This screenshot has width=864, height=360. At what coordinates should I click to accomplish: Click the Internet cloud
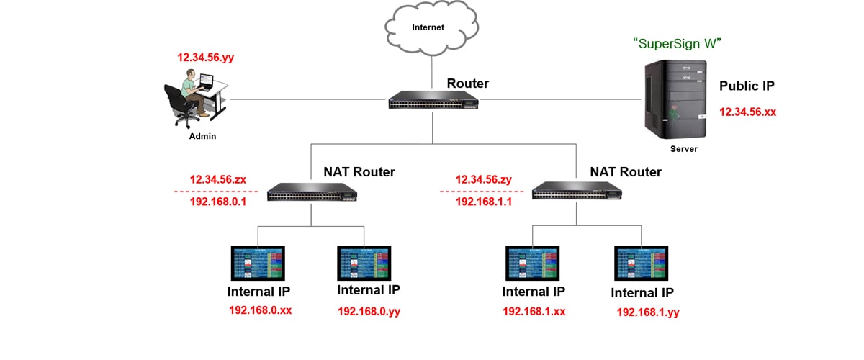point(428,29)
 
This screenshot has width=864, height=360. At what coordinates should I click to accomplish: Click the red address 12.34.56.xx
point(747,112)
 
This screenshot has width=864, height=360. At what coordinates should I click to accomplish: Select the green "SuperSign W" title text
point(677,44)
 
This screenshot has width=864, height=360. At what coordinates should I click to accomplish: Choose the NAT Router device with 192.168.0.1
point(312,192)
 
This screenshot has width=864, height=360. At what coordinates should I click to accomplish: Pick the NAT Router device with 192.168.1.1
point(577,192)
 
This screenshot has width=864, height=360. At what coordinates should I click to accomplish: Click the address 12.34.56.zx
point(218,179)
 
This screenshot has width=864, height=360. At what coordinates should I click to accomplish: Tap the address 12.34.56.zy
point(483,179)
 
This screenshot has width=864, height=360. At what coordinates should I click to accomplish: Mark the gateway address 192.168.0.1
point(218,202)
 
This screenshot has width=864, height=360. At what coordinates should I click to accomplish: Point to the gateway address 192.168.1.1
point(483,202)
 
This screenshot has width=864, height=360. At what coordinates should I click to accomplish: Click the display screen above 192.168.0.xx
point(258,264)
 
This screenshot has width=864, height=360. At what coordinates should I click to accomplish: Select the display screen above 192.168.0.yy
point(365,264)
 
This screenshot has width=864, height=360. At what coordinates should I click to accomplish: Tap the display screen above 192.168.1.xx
point(533,264)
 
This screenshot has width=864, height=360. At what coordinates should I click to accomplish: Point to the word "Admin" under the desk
point(202,136)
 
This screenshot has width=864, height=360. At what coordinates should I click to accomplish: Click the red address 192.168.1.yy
point(648,312)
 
